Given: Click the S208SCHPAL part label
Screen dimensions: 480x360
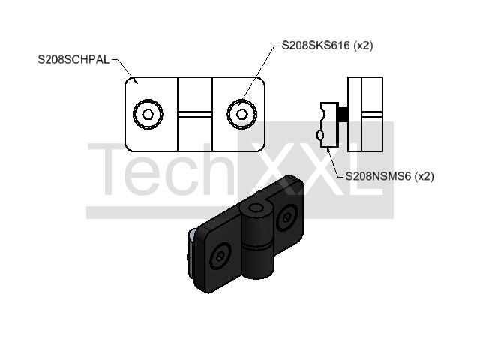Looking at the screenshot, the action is [73, 59].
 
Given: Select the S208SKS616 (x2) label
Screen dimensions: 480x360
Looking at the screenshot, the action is [327, 46].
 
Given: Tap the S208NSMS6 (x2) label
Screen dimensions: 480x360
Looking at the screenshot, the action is [389, 176].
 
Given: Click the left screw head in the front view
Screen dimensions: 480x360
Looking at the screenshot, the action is [148, 114].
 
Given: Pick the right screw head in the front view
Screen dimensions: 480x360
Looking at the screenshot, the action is [241, 114].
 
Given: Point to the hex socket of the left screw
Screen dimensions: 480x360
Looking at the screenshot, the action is [148, 114].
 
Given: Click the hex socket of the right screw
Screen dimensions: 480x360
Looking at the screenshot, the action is [241, 114].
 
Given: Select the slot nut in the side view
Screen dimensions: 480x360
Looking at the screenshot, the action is [328, 125].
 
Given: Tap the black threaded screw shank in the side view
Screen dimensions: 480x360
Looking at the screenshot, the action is [343, 114].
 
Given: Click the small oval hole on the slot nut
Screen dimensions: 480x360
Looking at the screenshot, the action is [320, 135].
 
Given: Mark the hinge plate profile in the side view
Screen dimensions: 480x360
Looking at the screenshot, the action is [365, 114].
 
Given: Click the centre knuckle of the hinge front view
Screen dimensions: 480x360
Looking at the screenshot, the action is [195, 114].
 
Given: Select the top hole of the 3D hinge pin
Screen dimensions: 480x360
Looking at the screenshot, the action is [256, 208].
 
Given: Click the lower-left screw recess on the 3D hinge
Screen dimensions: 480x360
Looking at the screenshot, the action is [220, 256].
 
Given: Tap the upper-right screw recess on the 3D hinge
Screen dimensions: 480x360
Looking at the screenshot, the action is [286, 218].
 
